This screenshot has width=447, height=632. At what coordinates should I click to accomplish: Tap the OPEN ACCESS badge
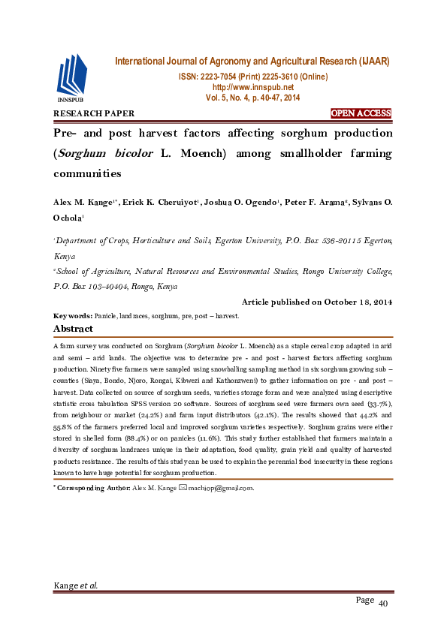click(361, 113)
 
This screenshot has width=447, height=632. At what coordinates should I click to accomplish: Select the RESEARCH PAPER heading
click(93, 114)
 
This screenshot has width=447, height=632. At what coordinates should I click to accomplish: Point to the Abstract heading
click(73, 329)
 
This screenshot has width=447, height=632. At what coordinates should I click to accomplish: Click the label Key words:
click(72, 316)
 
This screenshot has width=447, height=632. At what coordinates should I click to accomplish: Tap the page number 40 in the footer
click(382, 604)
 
